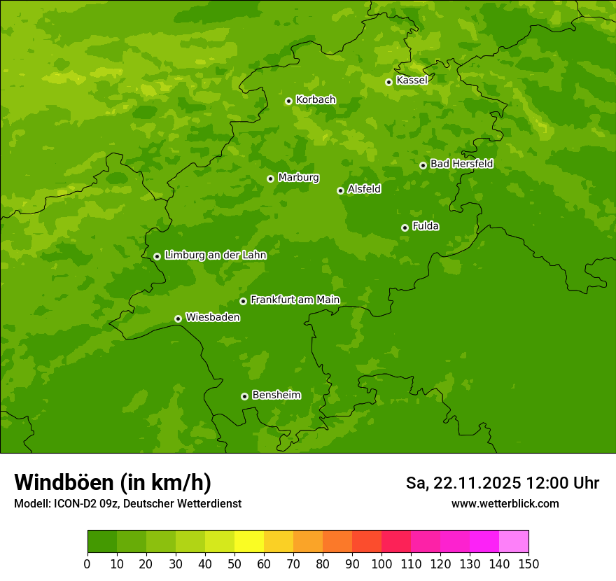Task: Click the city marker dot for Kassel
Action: pos(388,82)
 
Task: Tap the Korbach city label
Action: pos(316,100)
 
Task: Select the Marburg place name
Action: pos(298,178)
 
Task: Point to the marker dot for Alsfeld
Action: pos(340,190)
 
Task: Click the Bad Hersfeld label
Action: pos(461,164)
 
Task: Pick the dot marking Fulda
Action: pos(405,227)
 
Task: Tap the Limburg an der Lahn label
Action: pos(215,255)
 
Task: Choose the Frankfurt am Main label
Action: pos(295,300)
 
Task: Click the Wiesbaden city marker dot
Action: pos(178,318)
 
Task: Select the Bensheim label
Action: pos(276,395)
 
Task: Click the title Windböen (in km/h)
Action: pos(113,482)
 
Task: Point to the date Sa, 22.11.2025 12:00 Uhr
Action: pos(502,483)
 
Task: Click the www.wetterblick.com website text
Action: pos(505,503)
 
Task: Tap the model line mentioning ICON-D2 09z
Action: pos(127,503)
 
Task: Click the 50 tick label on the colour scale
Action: pos(234,563)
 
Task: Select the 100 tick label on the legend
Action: pos(381,563)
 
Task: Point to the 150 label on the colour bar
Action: pos(528,563)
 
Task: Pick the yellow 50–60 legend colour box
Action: pos(249,542)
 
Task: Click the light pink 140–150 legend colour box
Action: pos(514,542)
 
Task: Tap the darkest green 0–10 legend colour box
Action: pos(102,542)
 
